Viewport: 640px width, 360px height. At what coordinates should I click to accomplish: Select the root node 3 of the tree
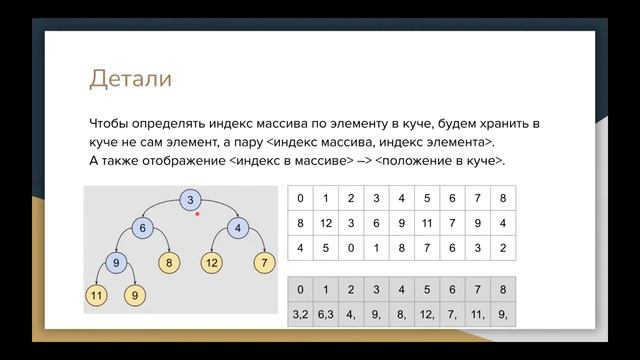tap(190, 201)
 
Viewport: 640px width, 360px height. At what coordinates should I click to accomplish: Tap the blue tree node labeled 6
tap(143, 229)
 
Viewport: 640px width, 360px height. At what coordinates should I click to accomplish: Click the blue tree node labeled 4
tap(238, 229)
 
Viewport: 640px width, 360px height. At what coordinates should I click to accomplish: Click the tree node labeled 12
tap(212, 264)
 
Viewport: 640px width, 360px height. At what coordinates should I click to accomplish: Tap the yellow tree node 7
tap(264, 264)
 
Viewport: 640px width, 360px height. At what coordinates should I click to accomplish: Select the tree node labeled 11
tap(96, 296)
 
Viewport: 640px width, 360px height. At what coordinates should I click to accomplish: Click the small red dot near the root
tap(198, 213)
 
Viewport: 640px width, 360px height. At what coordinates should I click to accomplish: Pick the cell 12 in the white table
tap(326, 222)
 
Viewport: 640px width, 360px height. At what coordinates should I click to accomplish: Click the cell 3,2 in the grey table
tap(300, 314)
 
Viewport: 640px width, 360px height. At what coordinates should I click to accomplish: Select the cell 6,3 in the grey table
tap(326, 314)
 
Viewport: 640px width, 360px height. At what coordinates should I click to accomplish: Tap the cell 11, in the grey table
tap(477, 314)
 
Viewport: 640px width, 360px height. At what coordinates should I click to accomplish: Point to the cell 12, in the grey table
tap(427, 314)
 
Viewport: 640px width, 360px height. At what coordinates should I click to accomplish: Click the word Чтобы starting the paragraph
tap(115, 124)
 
